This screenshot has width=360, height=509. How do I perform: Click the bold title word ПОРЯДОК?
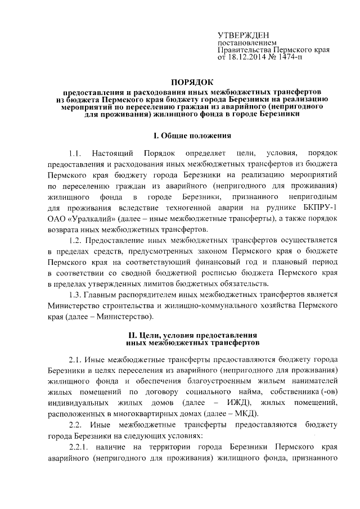pyautogui.click(x=192, y=82)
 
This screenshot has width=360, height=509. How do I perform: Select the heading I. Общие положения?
pyautogui.click(x=192, y=136)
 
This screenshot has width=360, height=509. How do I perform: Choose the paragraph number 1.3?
pyautogui.click(x=75, y=294)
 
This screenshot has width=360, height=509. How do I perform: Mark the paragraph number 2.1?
pyautogui.click(x=75, y=359)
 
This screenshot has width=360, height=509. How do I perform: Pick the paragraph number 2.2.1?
pyautogui.click(x=79, y=446)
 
